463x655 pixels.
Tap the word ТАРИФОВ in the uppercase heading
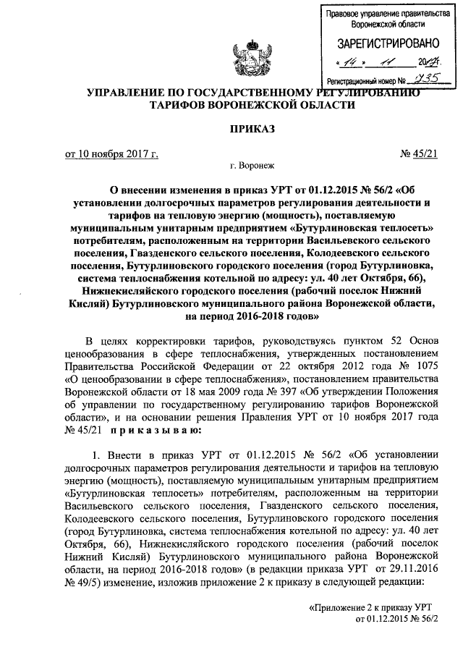click(177, 105)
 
